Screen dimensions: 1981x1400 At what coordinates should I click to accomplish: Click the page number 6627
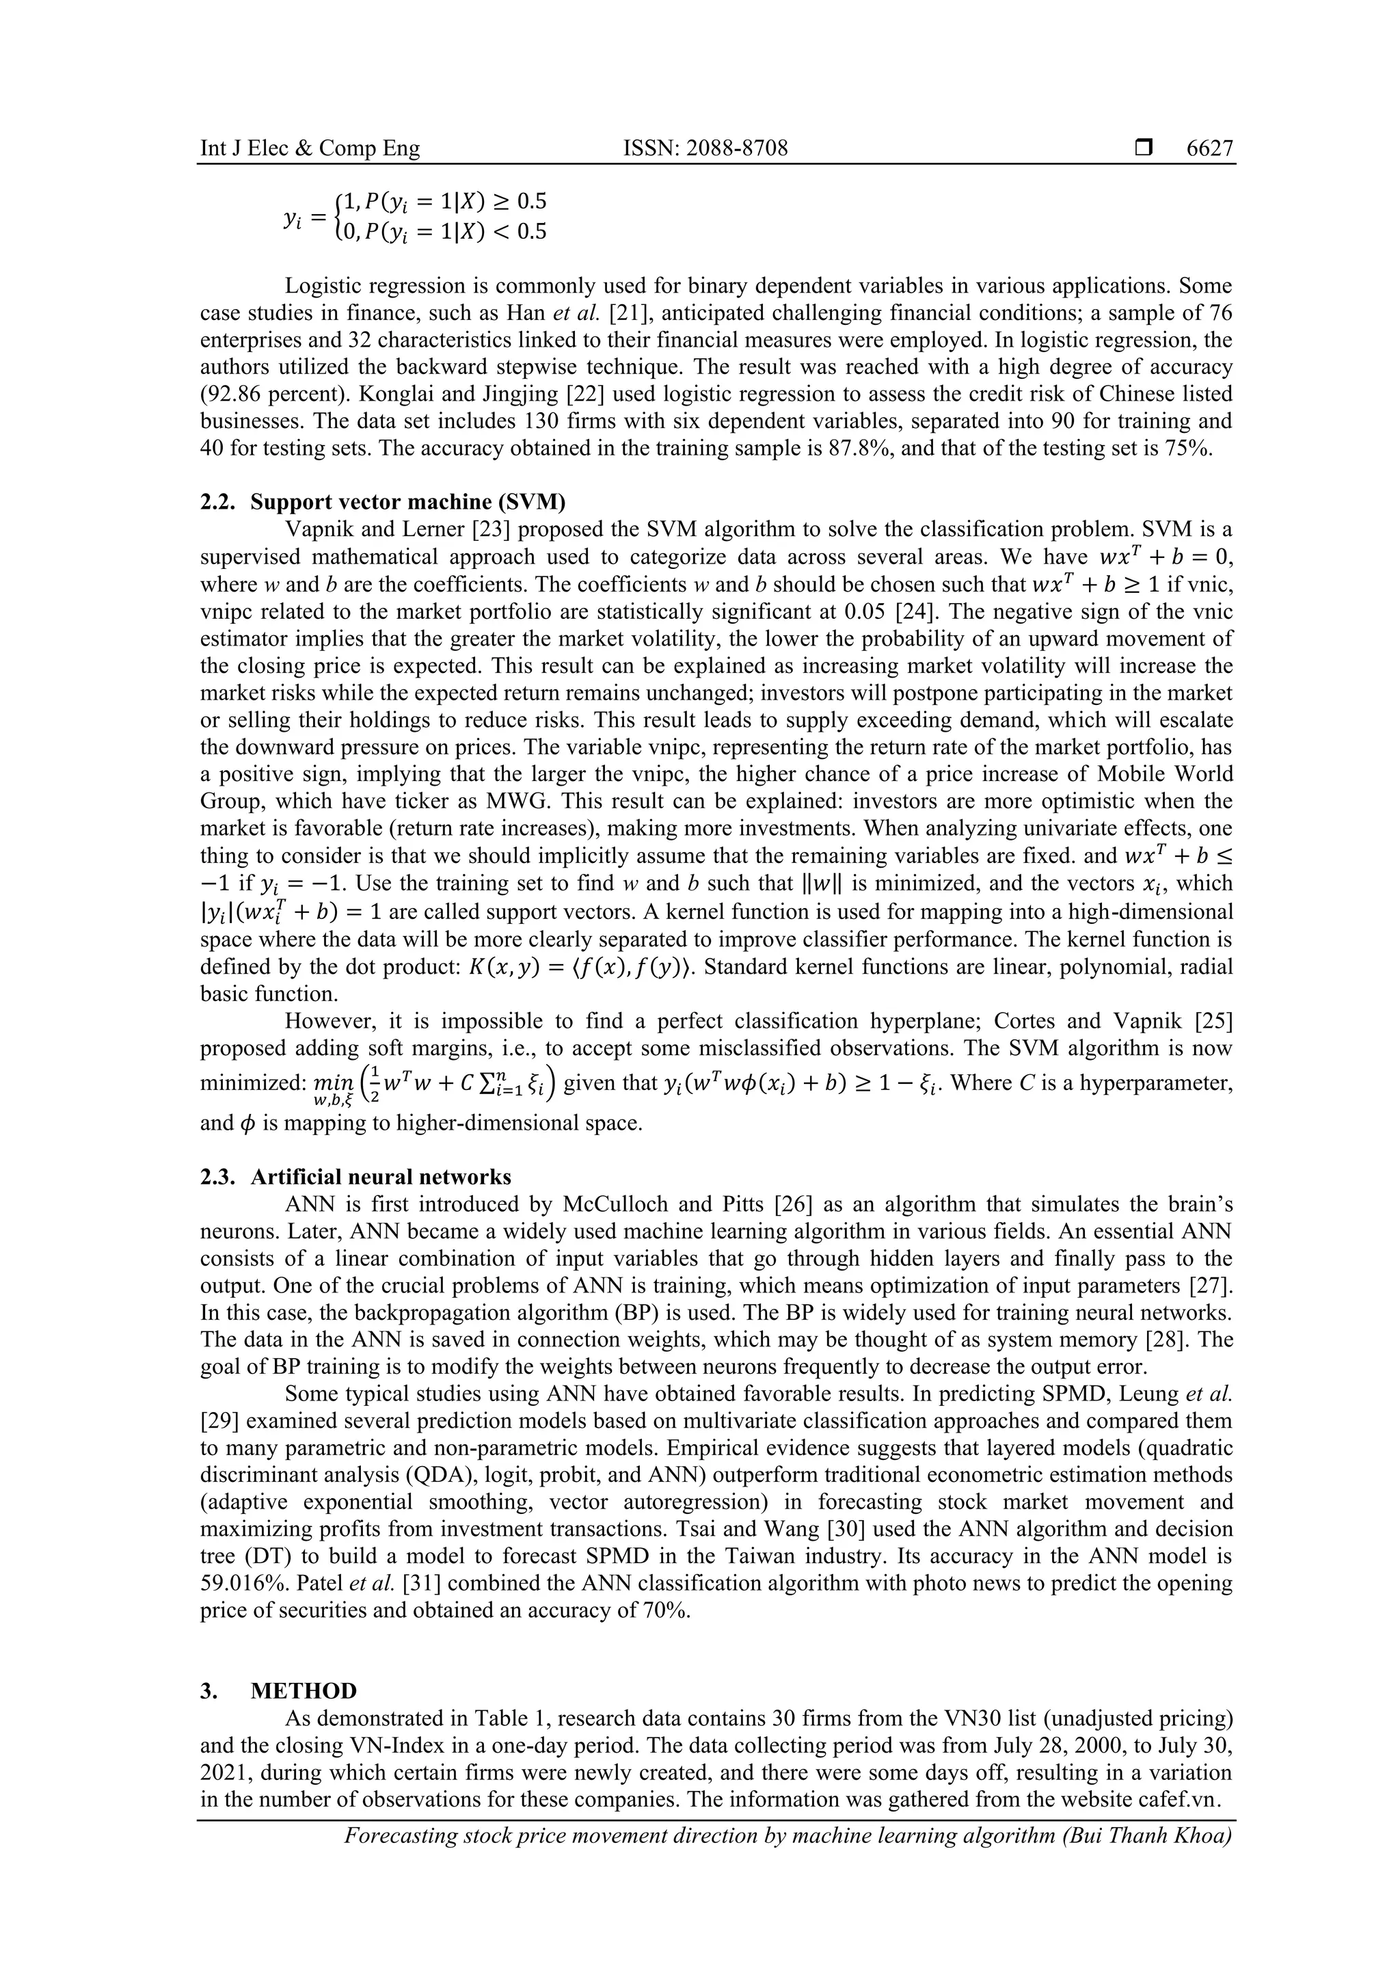(1209, 148)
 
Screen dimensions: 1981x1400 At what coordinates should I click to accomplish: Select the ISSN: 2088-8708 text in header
(705, 148)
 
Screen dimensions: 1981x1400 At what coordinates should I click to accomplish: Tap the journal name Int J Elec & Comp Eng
(310, 148)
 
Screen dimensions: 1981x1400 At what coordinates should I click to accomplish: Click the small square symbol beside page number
(1143, 148)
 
